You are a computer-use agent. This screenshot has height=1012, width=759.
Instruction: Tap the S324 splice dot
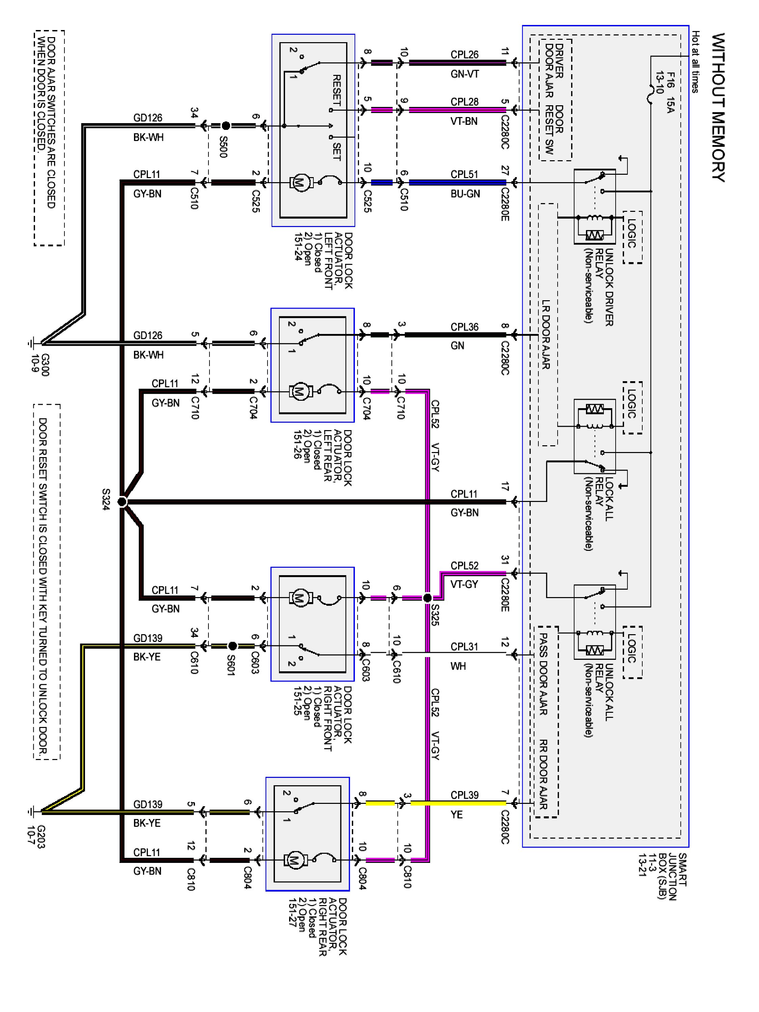(x=122, y=502)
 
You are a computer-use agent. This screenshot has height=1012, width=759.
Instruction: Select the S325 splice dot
(x=427, y=597)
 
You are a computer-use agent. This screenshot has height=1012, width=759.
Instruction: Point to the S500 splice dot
(x=226, y=125)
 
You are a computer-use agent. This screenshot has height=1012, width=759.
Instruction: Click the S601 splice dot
(x=232, y=646)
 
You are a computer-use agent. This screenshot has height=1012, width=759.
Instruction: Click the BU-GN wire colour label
(x=465, y=194)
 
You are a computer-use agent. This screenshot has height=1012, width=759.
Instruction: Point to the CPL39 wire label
(x=465, y=795)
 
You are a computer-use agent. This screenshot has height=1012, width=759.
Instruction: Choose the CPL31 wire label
(x=465, y=646)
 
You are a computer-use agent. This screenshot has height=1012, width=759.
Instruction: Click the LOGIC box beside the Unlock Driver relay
(x=632, y=237)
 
